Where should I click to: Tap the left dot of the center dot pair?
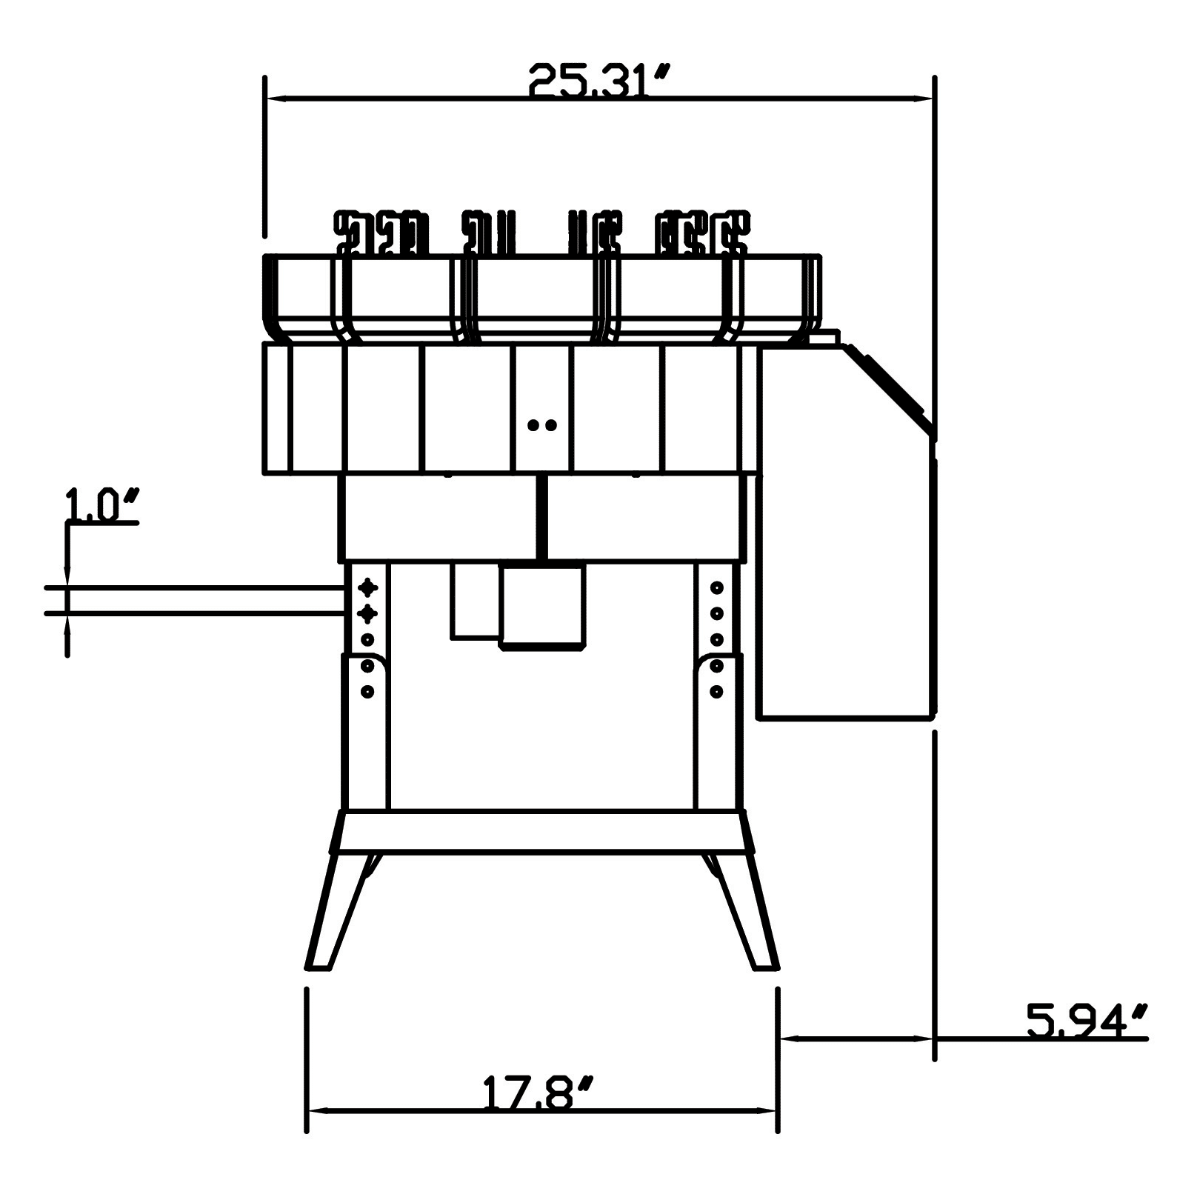point(533,425)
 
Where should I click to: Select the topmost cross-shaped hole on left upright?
point(367,587)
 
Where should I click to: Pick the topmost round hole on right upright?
point(716,587)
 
